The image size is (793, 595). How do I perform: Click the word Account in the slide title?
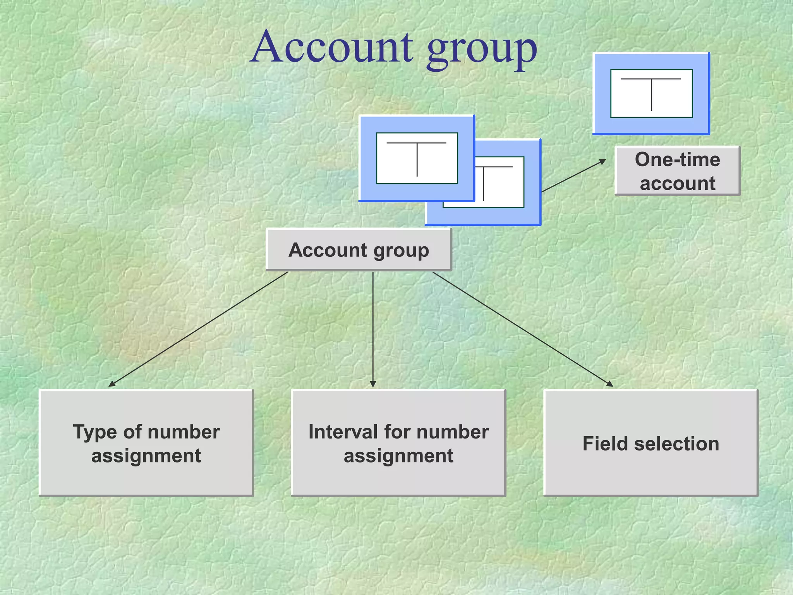(332, 47)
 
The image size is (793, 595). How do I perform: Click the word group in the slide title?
(482, 50)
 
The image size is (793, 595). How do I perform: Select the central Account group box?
(359, 250)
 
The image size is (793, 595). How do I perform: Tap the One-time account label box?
(677, 171)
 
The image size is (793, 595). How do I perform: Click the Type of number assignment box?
(146, 443)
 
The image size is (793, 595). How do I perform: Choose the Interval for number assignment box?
(398, 443)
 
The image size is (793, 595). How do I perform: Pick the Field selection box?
(651, 443)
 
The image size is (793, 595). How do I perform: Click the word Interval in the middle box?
(343, 432)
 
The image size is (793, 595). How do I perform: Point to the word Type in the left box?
(94, 432)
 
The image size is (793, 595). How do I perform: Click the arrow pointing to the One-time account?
(573, 176)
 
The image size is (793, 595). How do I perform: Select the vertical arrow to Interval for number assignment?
(373, 329)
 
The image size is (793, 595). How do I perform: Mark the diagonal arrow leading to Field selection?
(523, 329)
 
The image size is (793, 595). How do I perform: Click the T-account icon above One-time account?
(651, 93)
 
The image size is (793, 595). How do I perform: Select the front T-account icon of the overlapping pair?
(417, 158)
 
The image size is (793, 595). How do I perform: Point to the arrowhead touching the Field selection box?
(609, 384)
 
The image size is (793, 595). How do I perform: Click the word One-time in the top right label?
(677, 160)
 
